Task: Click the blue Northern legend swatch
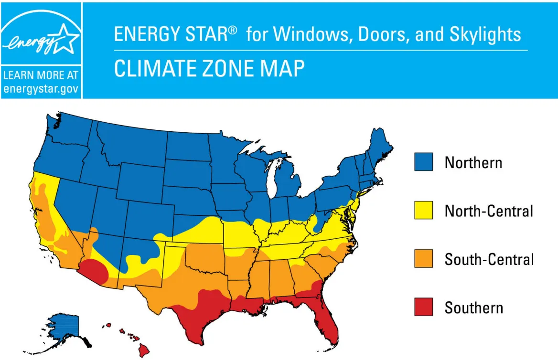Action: click(423, 162)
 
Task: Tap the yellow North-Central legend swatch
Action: click(423, 210)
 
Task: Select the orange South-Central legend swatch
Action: click(423, 259)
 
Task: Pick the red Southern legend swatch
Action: click(423, 307)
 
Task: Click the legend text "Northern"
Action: click(473, 163)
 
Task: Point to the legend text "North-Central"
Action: click(488, 211)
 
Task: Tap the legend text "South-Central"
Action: click(489, 259)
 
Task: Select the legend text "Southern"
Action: click(473, 307)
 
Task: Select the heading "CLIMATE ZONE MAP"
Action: click(209, 68)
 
